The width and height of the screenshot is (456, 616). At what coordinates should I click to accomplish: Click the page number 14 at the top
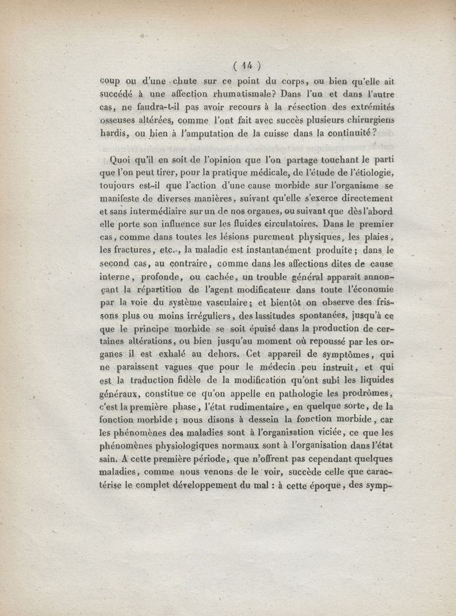point(246,64)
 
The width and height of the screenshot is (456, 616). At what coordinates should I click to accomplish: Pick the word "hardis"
point(113,133)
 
